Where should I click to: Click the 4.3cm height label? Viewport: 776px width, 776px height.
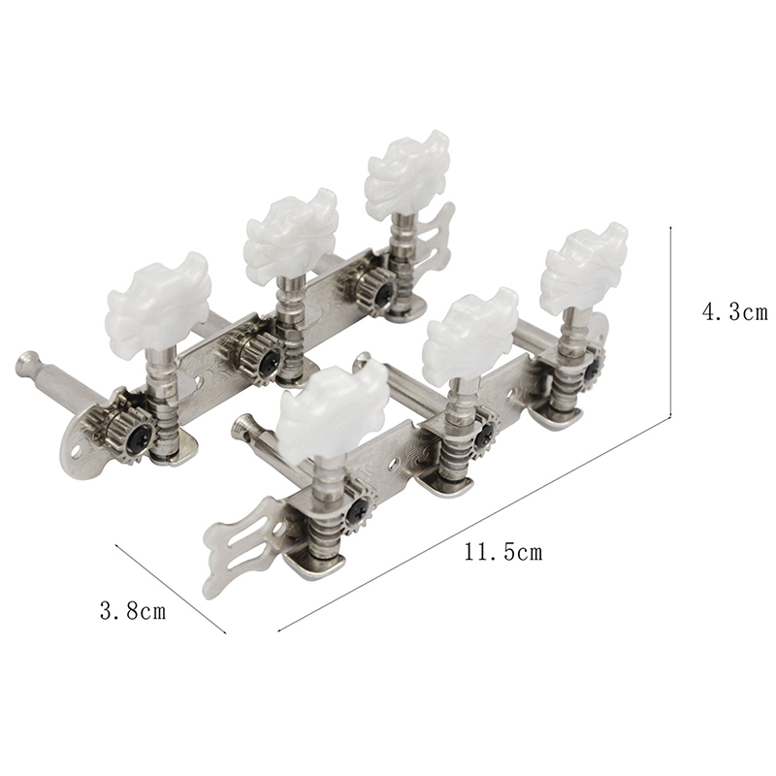[x=735, y=312]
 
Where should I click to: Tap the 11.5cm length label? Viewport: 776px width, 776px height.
[x=503, y=552]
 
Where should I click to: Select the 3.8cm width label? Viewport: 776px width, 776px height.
[x=133, y=611]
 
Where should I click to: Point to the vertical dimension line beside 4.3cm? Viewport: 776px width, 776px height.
[x=670, y=322]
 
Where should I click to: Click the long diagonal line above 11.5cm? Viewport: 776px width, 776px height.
[x=474, y=525]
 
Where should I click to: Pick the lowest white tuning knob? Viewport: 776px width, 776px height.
[x=333, y=410]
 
